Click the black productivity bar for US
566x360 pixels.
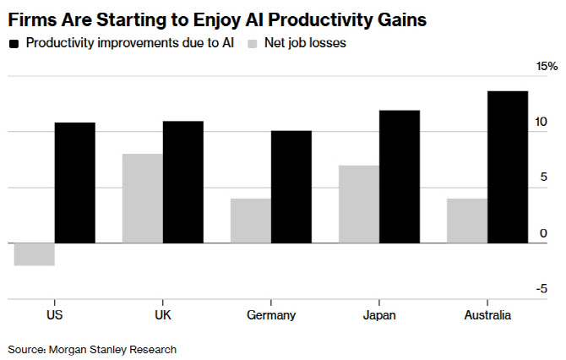75,183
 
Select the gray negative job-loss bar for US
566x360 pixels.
35,254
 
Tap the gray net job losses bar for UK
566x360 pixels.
143,199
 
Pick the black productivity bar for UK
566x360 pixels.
183,182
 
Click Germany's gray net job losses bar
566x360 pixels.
251,221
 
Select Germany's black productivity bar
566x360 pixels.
291,187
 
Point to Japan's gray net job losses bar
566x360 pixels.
359,204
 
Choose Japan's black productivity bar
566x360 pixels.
400,177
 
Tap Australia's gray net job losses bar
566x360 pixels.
467,221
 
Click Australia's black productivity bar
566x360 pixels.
508,166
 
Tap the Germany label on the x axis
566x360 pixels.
271,315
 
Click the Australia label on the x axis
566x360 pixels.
487,315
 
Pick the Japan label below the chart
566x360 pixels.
379,315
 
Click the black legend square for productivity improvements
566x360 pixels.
14,43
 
